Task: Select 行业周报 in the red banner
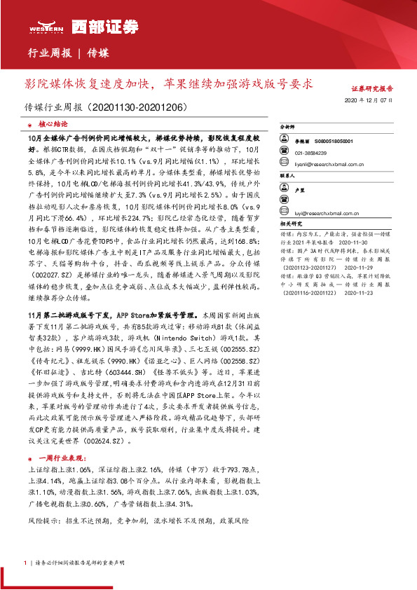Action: point(48,53)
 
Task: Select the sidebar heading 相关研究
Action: point(290,224)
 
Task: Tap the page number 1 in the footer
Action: point(25,563)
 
